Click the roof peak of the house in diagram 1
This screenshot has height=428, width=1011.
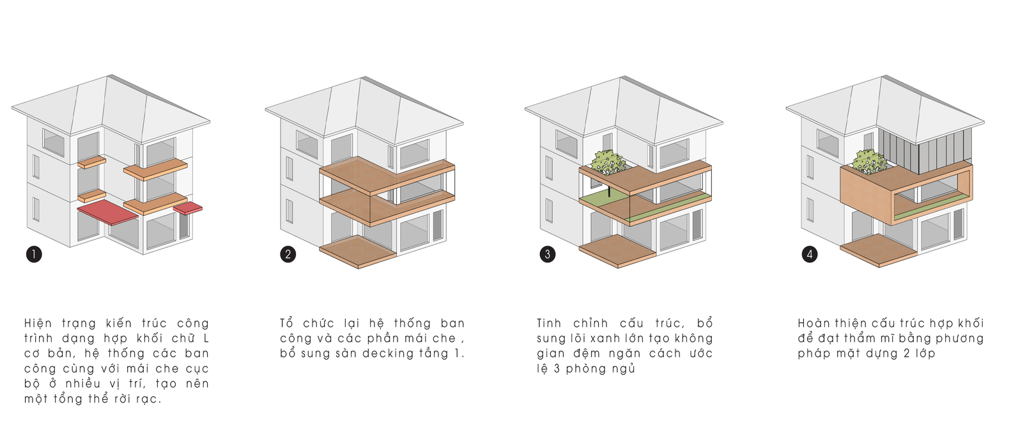point(111,75)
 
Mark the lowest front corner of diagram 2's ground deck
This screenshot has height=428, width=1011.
point(359,269)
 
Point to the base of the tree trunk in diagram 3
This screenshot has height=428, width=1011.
point(609,196)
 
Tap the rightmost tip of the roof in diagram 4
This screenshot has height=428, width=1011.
point(984,122)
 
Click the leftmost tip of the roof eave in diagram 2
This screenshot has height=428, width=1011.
point(265,109)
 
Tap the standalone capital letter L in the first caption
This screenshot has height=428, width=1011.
point(206,338)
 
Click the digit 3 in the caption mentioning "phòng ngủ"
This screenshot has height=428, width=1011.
point(557,369)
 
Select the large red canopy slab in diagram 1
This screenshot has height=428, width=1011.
point(108,212)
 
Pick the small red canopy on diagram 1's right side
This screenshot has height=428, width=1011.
point(188,208)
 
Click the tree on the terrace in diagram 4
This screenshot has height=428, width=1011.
point(869,161)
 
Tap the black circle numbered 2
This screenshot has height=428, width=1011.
point(288,255)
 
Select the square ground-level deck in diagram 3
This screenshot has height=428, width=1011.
point(617,251)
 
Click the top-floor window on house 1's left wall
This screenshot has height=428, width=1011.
point(54,142)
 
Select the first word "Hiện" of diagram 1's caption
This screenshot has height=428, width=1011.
point(38,323)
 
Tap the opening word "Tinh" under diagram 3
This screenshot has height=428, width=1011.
point(550,323)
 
